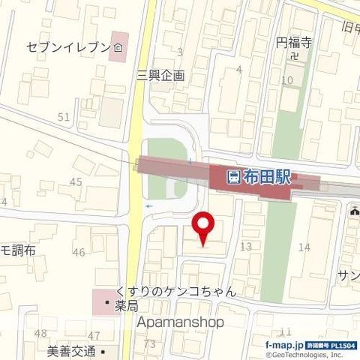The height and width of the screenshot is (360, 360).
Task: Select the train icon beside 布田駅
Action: (234, 178)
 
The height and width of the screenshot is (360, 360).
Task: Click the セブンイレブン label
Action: (74, 49)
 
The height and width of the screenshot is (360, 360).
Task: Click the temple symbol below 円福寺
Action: (295, 55)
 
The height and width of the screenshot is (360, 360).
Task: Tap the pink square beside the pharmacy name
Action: (102, 299)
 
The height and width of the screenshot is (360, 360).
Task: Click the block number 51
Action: (63, 116)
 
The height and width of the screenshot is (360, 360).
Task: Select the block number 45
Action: (76, 182)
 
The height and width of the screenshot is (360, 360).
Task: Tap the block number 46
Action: (79, 252)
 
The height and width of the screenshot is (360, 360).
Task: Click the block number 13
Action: (245, 247)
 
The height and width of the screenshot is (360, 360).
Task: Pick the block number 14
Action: (304, 247)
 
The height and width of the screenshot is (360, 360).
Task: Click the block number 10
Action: (286, 80)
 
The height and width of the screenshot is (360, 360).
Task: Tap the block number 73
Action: (149, 343)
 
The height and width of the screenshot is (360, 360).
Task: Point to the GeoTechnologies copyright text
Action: (310, 353)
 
